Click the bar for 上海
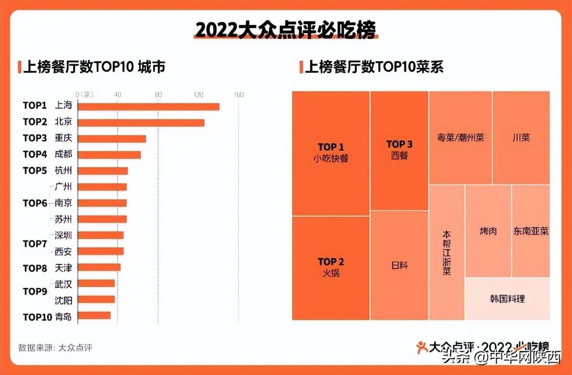click(x=148, y=107)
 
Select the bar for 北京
click(x=141, y=123)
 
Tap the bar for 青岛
click(x=94, y=316)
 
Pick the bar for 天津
click(x=99, y=267)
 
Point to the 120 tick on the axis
click(x=198, y=95)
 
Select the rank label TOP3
click(x=35, y=138)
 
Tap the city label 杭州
click(x=63, y=171)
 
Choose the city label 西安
click(x=63, y=252)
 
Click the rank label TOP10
click(x=37, y=317)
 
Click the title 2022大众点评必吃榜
click(x=286, y=31)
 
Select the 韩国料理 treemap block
click(x=507, y=299)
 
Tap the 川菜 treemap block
click(x=521, y=138)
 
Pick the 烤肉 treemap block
click(x=488, y=231)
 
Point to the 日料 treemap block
click(x=399, y=265)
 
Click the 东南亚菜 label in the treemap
click(x=531, y=231)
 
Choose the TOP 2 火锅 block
click(x=331, y=268)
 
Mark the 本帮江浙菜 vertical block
click(x=447, y=252)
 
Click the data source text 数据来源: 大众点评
click(x=55, y=347)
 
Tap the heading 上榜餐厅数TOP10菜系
click(x=374, y=67)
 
